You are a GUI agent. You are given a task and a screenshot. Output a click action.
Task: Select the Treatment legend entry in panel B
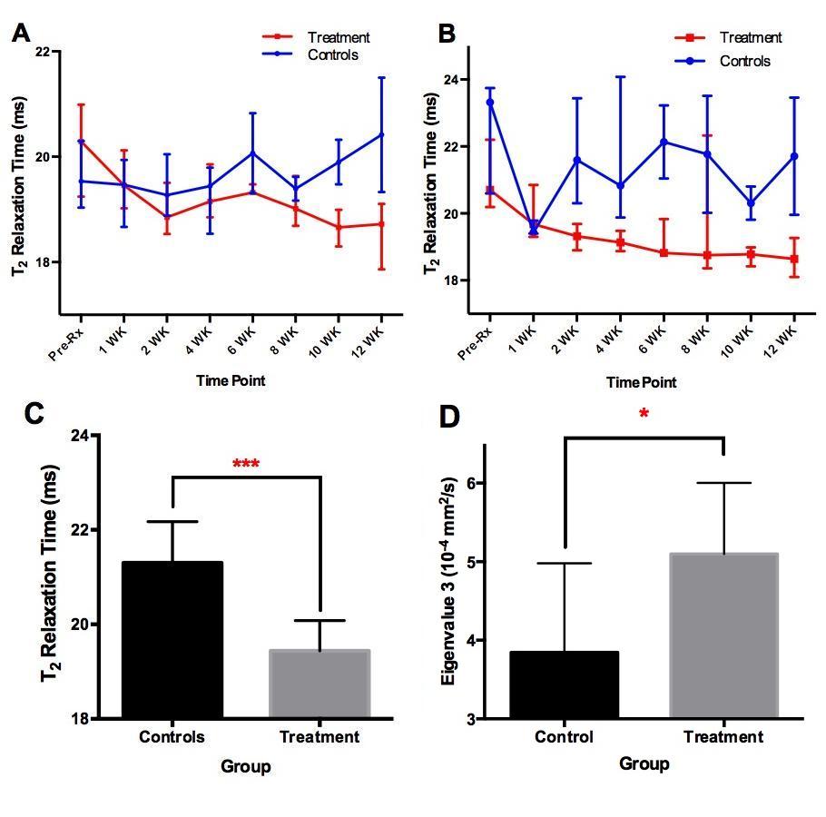(750, 38)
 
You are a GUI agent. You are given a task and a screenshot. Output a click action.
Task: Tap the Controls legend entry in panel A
(332, 55)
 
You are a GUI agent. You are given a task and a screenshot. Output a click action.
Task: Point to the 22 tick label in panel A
(43, 52)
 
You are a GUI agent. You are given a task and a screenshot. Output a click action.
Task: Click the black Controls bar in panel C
(172, 640)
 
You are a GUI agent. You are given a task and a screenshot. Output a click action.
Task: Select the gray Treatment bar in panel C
(320, 684)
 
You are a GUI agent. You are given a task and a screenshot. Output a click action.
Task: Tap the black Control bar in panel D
(564, 684)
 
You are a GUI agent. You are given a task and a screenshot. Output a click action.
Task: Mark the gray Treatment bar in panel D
(723, 635)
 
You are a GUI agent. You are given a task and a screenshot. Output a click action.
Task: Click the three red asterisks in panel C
(246, 466)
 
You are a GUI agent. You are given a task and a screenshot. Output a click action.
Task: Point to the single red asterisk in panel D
(644, 415)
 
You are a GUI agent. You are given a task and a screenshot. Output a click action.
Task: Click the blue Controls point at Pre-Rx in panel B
(490, 103)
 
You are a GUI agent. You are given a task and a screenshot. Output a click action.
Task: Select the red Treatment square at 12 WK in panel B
(794, 259)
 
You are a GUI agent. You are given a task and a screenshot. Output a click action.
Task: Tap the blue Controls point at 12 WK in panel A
(381, 134)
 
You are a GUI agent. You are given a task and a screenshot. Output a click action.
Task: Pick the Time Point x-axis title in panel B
(641, 382)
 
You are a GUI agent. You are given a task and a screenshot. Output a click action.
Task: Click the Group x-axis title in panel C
(245, 767)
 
